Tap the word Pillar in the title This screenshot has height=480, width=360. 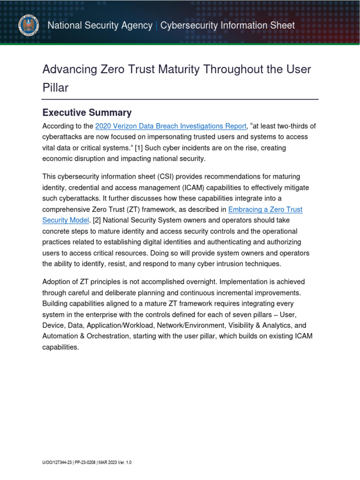coord(55,88)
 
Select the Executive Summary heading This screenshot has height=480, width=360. coord(87,112)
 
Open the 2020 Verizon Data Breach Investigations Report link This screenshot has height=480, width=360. coord(171,126)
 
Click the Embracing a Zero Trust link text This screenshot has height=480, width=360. coord(265,209)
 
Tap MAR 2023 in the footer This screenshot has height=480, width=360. coord(109,463)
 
